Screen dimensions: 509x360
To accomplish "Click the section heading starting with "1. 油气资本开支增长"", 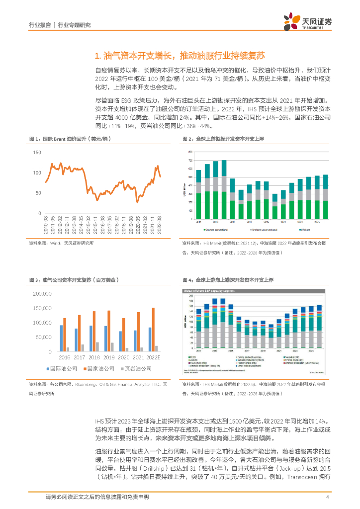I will (180, 55).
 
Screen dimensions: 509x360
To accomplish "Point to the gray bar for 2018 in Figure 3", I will (97, 346).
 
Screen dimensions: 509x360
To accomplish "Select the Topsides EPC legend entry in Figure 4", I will (306, 357).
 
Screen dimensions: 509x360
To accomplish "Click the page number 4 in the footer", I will (328, 497).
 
